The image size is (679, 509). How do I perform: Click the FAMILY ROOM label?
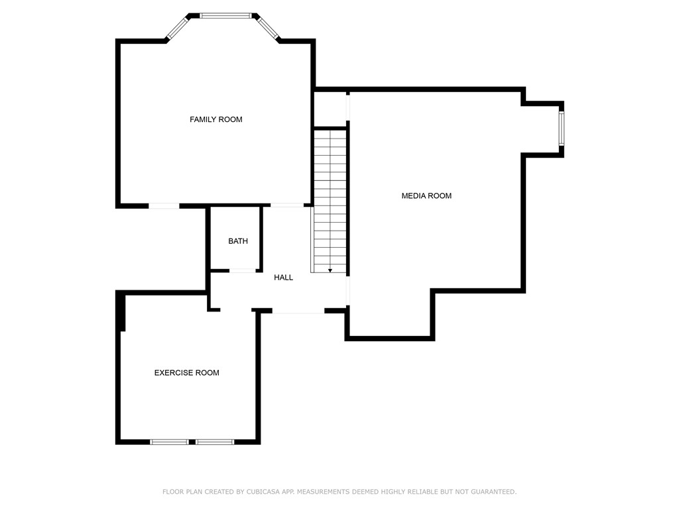click(216, 119)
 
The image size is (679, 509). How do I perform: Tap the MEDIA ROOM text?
click(426, 196)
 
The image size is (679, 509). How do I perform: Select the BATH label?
click(238, 241)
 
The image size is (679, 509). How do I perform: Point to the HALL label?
click(283, 278)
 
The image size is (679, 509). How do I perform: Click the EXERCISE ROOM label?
click(186, 372)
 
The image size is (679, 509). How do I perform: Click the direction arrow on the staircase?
click(330, 270)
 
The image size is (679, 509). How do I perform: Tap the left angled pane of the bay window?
click(178, 27)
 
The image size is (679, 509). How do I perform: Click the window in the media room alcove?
click(561, 129)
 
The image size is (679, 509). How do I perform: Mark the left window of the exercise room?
click(169, 441)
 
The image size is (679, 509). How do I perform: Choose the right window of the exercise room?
click(215, 441)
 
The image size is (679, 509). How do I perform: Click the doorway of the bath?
click(243, 270)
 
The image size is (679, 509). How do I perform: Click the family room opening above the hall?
click(287, 205)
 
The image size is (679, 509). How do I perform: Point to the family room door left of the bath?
click(164, 206)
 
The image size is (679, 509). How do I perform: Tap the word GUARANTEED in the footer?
click(491, 492)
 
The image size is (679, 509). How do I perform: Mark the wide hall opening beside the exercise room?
click(298, 311)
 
